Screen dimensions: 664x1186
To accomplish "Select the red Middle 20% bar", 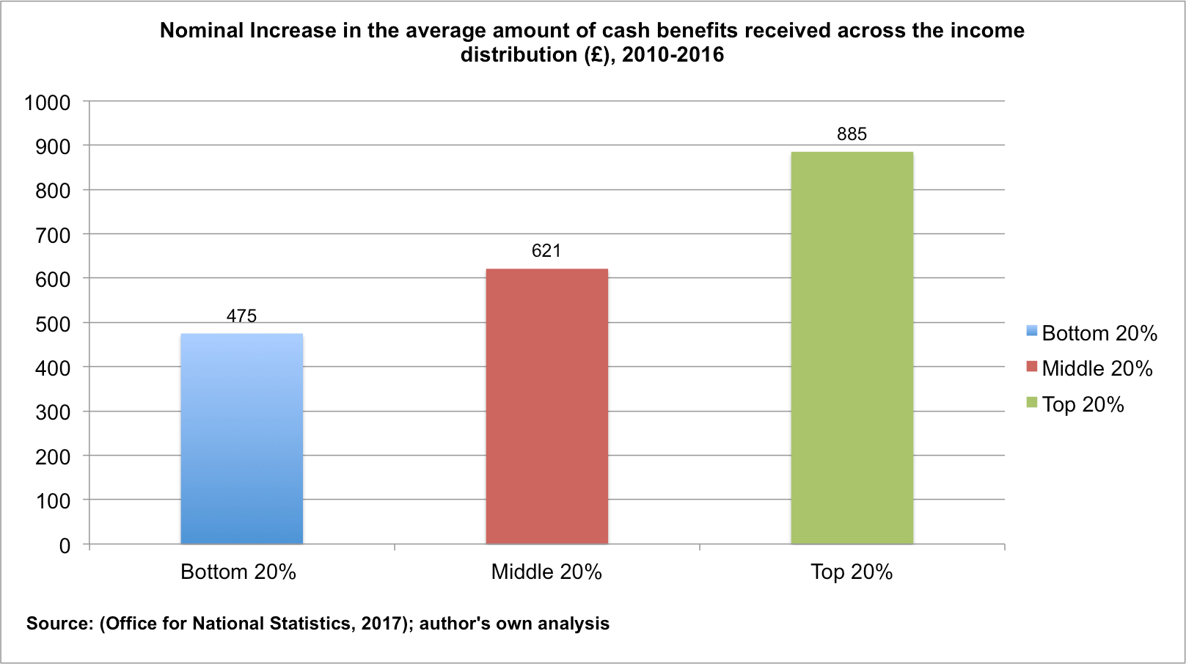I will [x=546, y=406].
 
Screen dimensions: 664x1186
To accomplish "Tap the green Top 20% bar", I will [x=852, y=348].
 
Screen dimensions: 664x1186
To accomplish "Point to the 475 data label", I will [x=241, y=316].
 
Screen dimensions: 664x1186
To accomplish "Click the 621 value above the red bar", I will [x=546, y=251].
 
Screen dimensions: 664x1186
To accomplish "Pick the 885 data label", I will [x=852, y=134].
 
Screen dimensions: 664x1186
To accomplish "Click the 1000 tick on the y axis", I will [x=48, y=103].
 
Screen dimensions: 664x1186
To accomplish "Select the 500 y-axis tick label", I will [x=53, y=324].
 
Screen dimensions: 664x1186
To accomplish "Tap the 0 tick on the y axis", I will [x=65, y=546].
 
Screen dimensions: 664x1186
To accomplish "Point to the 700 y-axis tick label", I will [x=53, y=236].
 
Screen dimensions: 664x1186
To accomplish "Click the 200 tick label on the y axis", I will [x=53, y=457].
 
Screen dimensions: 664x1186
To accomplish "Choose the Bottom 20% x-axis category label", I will [x=238, y=572].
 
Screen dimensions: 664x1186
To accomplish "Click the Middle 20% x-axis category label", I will [x=546, y=572].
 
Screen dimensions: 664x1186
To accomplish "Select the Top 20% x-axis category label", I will [x=852, y=572].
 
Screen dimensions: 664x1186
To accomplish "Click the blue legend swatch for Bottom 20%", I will [x=1032, y=331].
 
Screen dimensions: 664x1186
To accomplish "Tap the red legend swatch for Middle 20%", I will [x=1032, y=366].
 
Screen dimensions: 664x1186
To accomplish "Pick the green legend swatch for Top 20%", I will [x=1032, y=402].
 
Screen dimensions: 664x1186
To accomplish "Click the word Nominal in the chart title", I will [x=202, y=31].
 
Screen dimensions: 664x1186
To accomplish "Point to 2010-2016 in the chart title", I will [x=673, y=55].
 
